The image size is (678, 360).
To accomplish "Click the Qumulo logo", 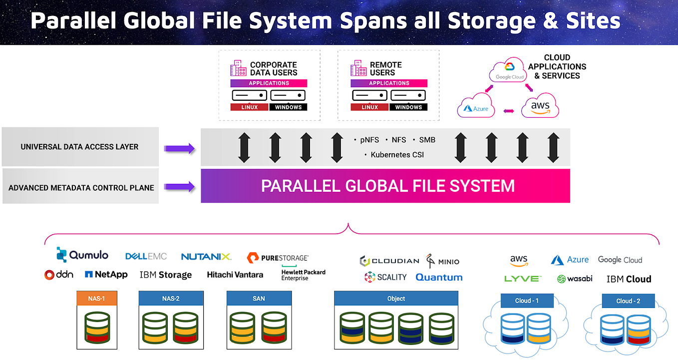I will [83, 255].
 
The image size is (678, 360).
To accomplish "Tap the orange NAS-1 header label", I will [97, 299].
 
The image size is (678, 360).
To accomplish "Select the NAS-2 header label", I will [171, 299].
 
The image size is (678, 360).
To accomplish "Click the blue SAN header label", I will [259, 299].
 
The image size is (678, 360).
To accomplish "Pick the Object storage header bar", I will [396, 299].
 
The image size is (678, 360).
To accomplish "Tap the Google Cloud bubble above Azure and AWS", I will [510, 72].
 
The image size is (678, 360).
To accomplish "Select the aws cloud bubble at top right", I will [540, 106].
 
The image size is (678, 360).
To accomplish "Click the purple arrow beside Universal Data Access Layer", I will [179, 147].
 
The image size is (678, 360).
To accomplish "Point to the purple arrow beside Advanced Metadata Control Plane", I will [179, 187].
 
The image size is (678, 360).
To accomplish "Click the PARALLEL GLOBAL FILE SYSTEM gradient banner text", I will [387, 186].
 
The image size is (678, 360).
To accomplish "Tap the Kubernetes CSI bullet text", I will [397, 155].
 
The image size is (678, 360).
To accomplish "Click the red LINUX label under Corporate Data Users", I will [249, 107].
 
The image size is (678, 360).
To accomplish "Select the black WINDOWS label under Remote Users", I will [408, 107].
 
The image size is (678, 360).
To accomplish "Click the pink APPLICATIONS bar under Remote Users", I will [388, 83].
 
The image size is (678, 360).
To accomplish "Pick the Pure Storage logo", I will [278, 258].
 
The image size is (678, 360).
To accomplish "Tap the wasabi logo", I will [575, 279].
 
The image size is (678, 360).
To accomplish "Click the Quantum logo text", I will [439, 277].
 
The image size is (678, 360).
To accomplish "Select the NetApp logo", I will [106, 274].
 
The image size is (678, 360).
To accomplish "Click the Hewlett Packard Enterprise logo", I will [303, 275].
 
